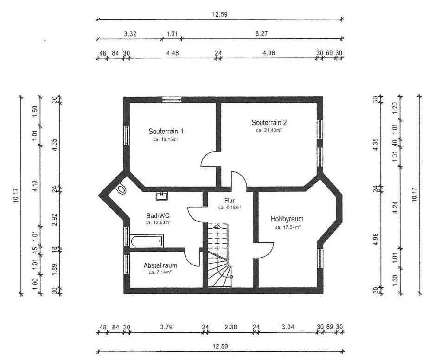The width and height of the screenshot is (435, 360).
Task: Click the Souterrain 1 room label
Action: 166,131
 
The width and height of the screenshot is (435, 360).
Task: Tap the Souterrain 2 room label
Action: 269,122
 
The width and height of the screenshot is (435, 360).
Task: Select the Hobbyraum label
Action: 287,219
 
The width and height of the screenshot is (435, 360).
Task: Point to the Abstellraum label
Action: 160,265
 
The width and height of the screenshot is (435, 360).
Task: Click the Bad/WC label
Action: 158,215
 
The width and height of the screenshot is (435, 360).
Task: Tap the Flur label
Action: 230,201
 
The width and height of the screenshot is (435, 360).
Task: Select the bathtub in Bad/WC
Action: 147,241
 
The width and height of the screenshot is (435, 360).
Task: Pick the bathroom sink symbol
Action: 161,196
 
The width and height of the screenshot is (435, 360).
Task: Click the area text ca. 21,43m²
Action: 269,130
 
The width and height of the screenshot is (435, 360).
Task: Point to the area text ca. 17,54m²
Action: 288,227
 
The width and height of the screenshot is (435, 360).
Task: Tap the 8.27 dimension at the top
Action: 262,33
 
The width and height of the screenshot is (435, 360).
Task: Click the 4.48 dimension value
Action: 172,53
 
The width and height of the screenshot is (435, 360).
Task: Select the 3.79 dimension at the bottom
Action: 166,327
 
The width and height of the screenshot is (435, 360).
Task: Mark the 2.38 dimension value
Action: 230,327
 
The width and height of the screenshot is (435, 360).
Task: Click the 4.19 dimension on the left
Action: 35,186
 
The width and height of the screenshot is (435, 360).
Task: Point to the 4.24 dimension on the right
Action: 395,207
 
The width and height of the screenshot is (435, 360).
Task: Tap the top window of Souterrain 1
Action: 172,100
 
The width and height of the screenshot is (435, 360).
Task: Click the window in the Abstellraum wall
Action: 127,264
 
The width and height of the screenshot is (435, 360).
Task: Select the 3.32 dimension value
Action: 130,34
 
